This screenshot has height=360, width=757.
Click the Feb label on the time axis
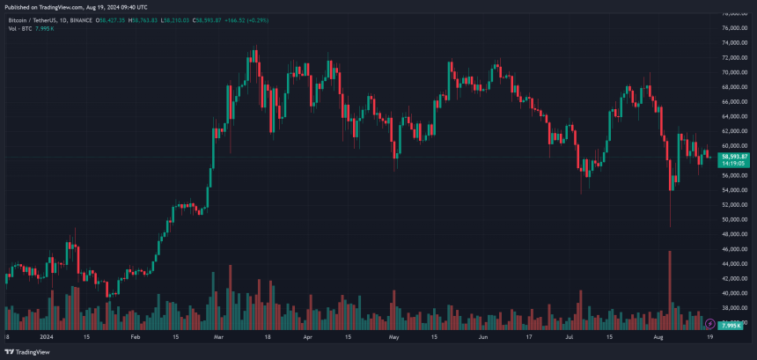click(136, 336)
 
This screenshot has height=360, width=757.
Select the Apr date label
click(307, 336)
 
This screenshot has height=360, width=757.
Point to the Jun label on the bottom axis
click(483, 336)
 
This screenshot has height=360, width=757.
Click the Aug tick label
click(657, 336)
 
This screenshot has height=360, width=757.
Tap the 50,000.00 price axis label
click(734, 219)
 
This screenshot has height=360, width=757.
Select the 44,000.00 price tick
click(734, 263)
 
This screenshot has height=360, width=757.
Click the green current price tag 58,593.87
click(733, 156)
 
